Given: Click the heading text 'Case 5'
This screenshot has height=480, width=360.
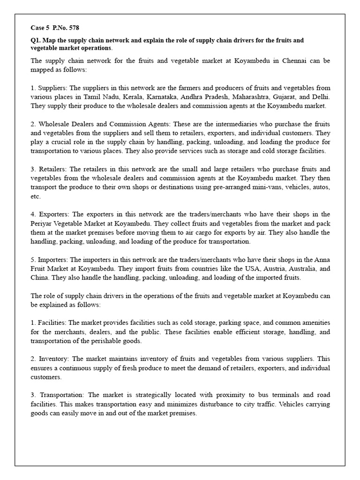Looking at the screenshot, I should coord(40,28).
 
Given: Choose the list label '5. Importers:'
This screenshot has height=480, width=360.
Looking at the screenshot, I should coord(50,260).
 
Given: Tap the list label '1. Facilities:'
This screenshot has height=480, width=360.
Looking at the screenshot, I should coord(49,323).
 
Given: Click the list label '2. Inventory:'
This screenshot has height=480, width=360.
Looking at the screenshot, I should coord(49,359).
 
